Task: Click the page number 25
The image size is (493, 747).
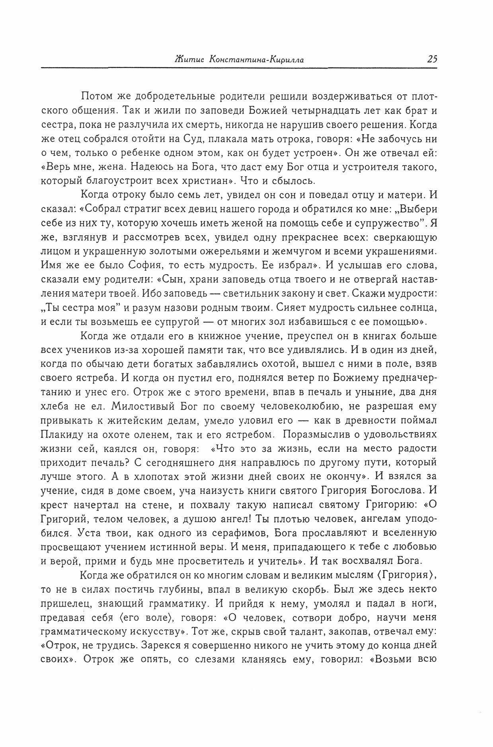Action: point(432,59)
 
